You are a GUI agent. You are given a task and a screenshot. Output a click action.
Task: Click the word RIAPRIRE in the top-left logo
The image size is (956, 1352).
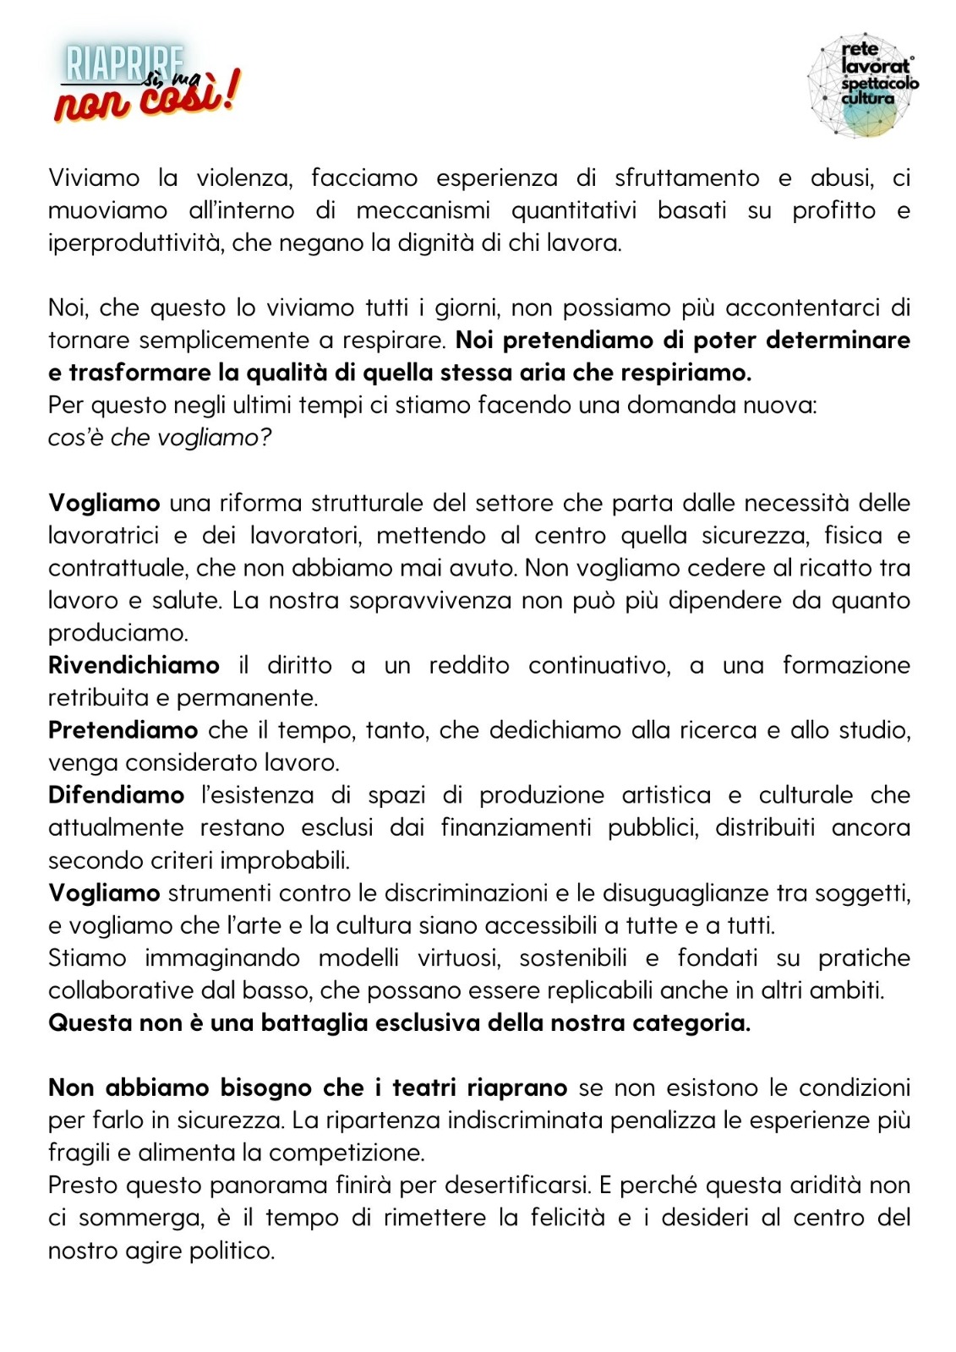(x=123, y=63)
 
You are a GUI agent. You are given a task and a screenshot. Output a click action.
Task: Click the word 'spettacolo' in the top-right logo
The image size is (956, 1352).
(x=880, y=84)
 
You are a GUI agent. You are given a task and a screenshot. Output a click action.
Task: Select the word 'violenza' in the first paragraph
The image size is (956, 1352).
(x=243, y=178)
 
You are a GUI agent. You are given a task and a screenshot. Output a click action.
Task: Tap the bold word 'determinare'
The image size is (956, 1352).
(x=838, y=341)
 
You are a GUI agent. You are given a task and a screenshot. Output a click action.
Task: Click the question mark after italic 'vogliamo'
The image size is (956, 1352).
(x=266, y=438)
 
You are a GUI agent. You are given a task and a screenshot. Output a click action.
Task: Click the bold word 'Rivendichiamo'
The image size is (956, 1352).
(x=134, y=666)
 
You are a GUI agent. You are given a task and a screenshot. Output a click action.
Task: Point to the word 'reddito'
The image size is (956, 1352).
(x=469, y=666)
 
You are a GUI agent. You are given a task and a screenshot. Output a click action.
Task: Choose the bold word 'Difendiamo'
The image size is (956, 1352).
(x=116, y=795)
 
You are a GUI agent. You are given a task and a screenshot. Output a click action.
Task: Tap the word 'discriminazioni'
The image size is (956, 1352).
(x=466, y=893)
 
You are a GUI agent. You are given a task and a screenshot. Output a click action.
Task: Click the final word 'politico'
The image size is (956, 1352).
(x=232, y=1251)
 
